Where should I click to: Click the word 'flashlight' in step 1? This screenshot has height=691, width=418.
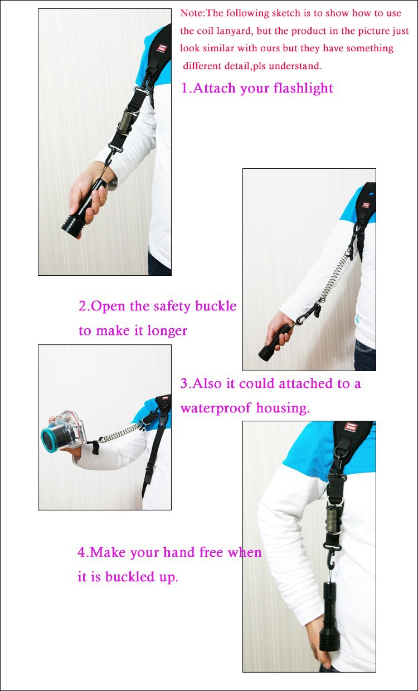(x=303, y=88)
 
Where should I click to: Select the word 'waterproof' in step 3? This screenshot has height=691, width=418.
(x=216, y=408)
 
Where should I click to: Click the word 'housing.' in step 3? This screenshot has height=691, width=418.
(x=283, y=408)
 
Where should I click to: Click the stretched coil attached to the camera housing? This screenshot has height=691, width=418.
(x=120, y=432)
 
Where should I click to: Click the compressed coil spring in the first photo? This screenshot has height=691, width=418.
(x=125, y=123)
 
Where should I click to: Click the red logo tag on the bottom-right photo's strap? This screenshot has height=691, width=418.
(x=351, y=427)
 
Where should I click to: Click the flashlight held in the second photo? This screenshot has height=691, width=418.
(x=276, y=343)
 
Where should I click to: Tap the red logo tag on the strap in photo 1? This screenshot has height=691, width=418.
(x=162, y=48)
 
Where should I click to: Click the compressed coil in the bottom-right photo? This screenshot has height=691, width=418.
(x=335, y=519)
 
